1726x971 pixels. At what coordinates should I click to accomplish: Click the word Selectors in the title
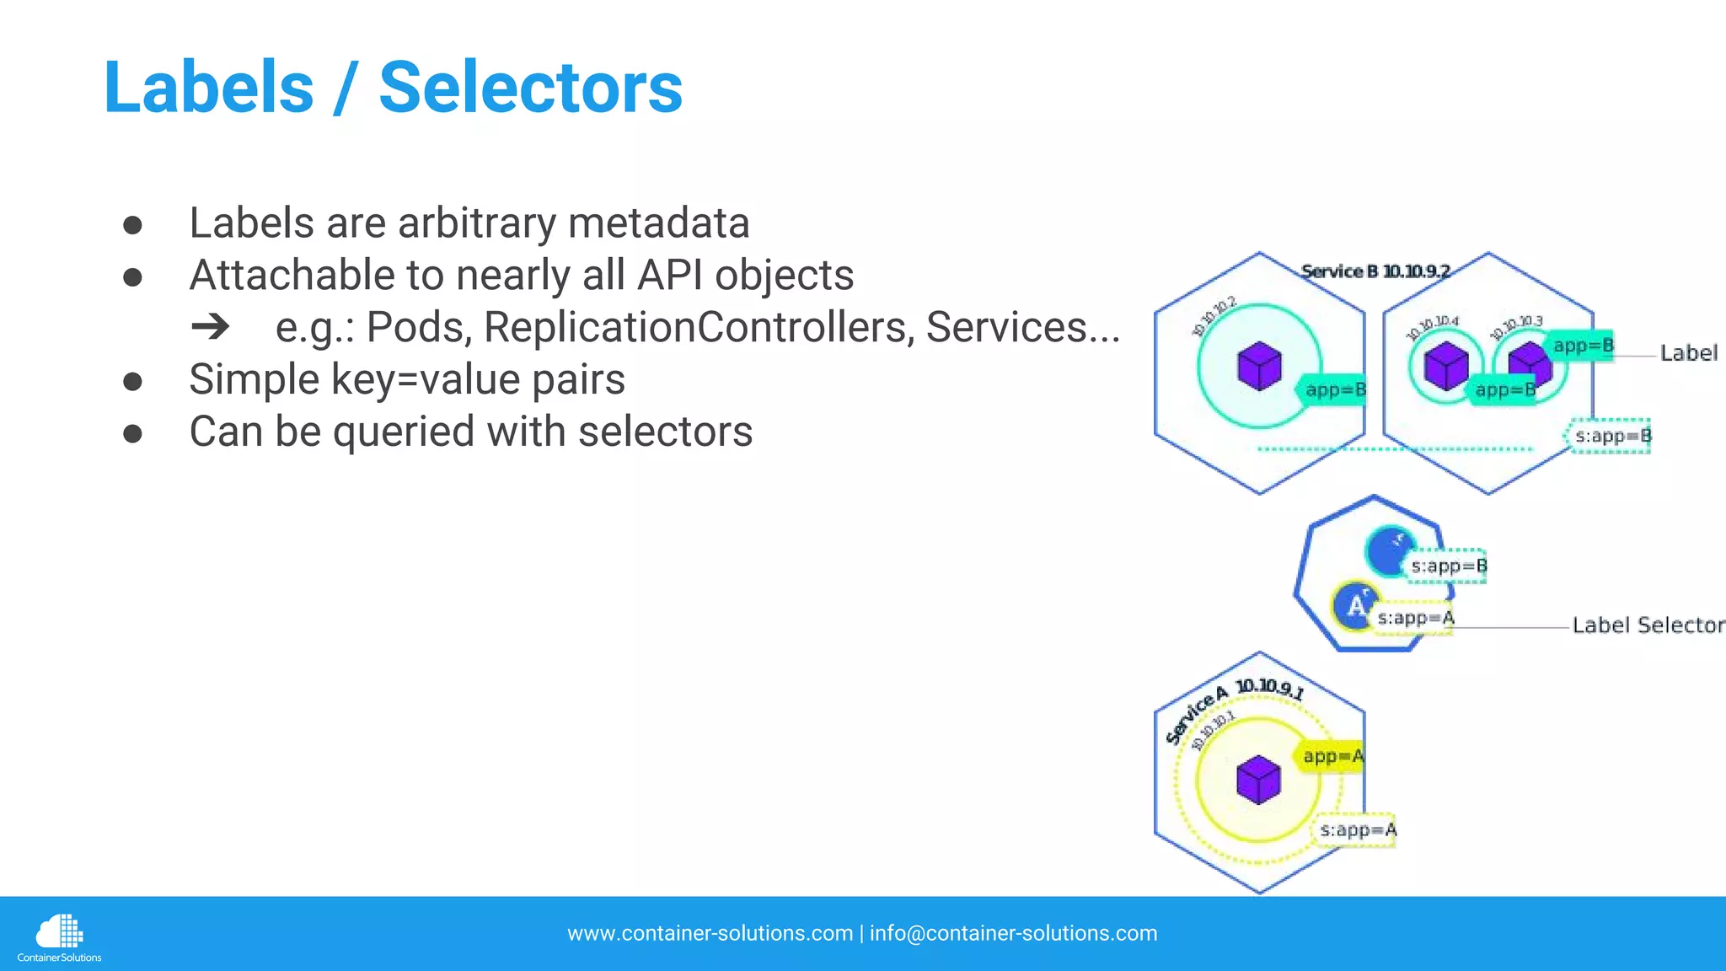[x=530, y=88]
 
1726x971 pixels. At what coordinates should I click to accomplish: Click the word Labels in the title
[x=208, y=88]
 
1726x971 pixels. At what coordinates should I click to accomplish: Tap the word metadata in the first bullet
[x=658, y=223]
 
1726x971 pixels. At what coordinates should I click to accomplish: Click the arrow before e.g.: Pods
[x=210, y=326]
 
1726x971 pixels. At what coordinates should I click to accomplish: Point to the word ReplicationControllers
[x=699, y=327]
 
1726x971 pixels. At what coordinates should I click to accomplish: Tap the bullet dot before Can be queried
[x=132, y=433]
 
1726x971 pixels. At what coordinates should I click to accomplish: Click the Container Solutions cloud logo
[x=59, y=932]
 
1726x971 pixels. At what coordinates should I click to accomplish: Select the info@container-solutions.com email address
[x=1013, y=933]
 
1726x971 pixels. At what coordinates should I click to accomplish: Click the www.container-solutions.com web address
[x=710, y=933]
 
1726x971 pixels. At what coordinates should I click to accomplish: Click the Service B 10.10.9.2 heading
[x=1375, y=271]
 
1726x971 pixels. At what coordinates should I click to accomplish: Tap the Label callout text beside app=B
[x=1688, y=353]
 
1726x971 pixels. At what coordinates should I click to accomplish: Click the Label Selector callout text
[x=1648, y=625]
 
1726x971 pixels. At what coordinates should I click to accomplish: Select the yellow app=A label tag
[x=1331, y=756]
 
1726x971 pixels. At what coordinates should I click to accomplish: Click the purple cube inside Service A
[x=1258, y=780]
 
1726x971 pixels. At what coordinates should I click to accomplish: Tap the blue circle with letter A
[x=1355, y=605]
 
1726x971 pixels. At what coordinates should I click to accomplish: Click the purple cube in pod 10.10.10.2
[x=1259, y=367]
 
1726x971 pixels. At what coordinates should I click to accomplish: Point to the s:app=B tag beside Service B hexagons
[x=1611, y=436]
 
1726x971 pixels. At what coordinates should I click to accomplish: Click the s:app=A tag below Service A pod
[x=1356, y=830]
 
